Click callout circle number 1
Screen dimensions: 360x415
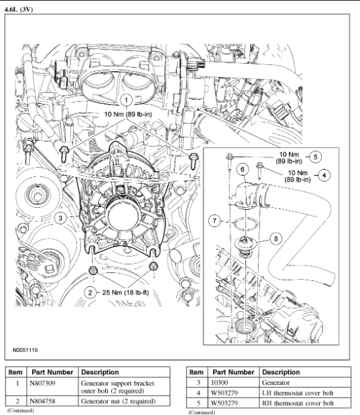coord(126,101)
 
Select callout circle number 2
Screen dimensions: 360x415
coord(91,292)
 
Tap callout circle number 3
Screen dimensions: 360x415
coord(60,218)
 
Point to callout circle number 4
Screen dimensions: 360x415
coord(324,175)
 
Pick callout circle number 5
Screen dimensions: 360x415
coord(315,157)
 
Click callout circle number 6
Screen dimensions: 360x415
coord(243,169)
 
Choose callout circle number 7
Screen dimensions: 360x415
coord(215,221)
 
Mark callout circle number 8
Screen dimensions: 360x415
coord(276,239)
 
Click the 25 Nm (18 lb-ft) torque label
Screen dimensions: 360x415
coord(125,292)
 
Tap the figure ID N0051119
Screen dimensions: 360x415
coord(25,350)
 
